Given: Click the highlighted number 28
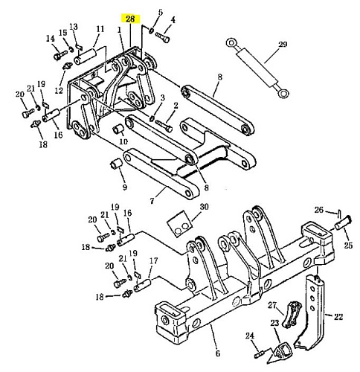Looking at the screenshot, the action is (130, 19).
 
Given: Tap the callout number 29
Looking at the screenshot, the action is (283, 45).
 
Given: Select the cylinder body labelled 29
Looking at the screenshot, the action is (257, 67).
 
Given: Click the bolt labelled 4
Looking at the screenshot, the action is (163, 37).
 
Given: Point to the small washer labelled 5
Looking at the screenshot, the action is (151, 31).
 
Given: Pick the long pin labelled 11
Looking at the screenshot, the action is (85, 57).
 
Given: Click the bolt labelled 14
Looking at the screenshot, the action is (60, 55).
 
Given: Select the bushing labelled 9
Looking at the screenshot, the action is (116, 164).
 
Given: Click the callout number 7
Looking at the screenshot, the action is (152, 200).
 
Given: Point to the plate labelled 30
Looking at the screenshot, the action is (179, 224).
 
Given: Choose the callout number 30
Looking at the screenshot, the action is (204, 206).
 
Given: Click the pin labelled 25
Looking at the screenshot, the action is (342, 222).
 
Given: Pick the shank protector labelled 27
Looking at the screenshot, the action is (292, 315).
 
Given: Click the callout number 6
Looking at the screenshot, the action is (217, 353).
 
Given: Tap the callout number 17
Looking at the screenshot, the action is (154, 260).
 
